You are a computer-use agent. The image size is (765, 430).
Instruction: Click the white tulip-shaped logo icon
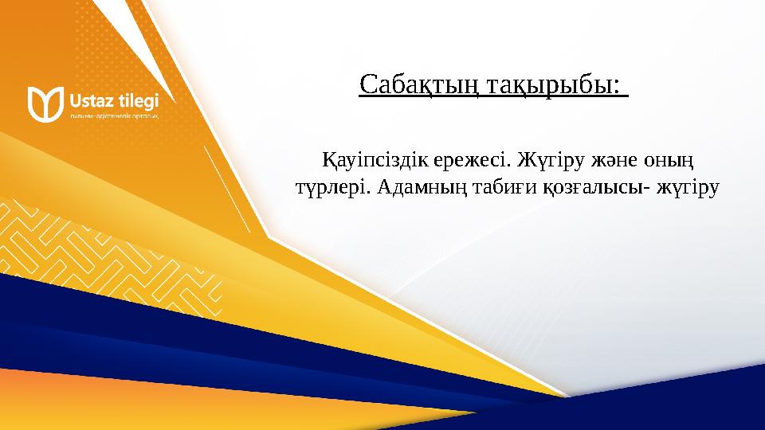[x=45, y=104]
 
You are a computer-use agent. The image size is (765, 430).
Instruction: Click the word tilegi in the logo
[x=136, y=101]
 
